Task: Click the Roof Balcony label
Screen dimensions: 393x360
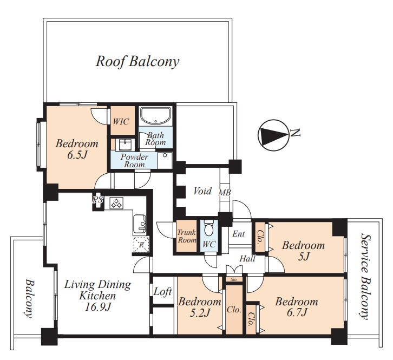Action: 137,61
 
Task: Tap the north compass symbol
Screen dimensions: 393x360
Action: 273,136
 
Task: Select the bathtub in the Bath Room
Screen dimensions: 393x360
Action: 155,116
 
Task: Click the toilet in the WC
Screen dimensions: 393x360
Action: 208,228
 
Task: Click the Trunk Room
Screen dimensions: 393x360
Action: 186,236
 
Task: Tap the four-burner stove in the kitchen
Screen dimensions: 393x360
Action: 116,203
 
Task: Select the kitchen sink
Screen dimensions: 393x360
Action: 140,224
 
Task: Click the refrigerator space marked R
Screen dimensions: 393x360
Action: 141,245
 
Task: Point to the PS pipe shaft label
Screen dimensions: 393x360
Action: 98,200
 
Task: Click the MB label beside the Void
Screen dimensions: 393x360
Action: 224,193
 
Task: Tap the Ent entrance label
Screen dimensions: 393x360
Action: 238,234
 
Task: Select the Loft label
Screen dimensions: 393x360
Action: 162,292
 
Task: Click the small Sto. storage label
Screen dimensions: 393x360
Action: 234,279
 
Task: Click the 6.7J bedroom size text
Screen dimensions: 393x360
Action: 297,312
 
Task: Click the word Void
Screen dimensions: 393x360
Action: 202,191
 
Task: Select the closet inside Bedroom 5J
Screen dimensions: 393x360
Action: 260,237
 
